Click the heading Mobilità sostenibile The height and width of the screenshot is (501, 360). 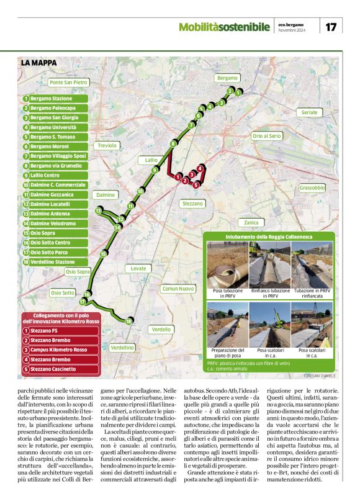224,27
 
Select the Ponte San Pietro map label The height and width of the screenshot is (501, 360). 68,82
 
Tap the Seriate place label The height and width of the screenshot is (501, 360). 309,113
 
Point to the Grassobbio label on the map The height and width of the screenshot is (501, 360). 312,187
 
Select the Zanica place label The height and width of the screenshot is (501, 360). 251,222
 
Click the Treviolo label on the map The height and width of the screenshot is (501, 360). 107,145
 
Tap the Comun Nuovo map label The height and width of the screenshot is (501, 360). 178,289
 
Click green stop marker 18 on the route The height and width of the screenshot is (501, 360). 128,321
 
